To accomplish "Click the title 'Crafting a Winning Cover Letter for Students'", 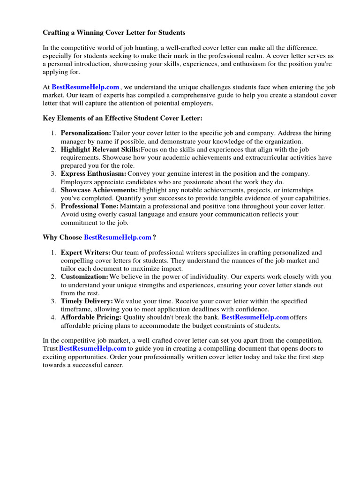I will pos(114,33).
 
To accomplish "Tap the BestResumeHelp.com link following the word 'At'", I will pos(85,87).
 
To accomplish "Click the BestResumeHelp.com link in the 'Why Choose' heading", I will pos(118,238).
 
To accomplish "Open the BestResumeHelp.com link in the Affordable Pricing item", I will pos(255,317).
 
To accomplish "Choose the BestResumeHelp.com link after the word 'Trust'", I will pos(93,349).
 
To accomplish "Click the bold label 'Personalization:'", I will pos(86,134).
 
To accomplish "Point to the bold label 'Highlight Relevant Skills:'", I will pos(100,150).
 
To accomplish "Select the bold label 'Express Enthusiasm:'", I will pos(93,173).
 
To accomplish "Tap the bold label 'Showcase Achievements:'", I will pos(99,190).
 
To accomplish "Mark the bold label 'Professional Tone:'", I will pos(90,206).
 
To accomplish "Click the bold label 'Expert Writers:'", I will pos(85,253).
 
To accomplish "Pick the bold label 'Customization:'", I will pos(84,277).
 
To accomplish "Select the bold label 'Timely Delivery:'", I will pos(87,301).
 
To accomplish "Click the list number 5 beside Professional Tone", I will pos(53,206).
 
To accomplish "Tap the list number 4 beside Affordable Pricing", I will pos(53,317).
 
